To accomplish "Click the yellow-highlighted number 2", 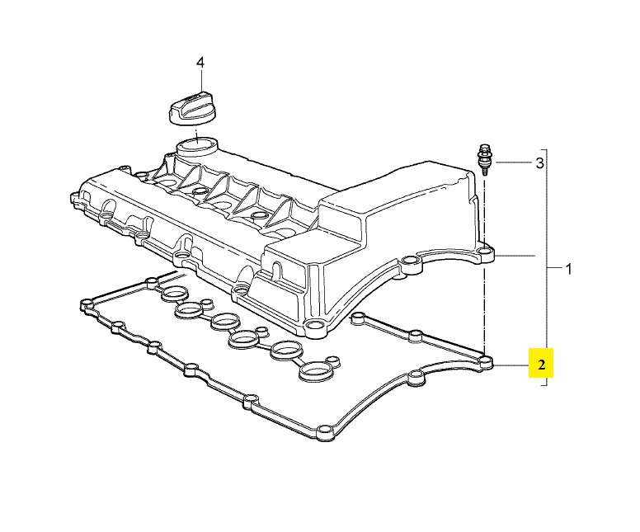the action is point(541,365).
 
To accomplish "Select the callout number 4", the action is point(200,63).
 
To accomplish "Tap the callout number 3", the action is point(539,163).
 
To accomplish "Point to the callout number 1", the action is point(568,269).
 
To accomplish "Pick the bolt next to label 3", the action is point(484,160).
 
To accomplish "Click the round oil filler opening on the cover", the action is point(197,145).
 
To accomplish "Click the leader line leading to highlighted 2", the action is point(511,365).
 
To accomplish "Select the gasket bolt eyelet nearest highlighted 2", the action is point(485,362).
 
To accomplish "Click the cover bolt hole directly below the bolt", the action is point(485,251).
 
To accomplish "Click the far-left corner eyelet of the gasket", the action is point(87,304).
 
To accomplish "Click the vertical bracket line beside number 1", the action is point(547,267).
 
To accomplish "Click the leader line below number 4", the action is point(200,80).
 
